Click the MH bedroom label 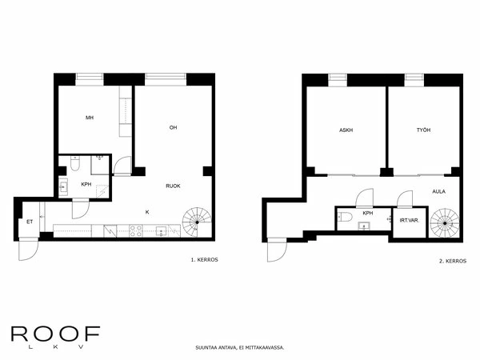(x=90, y=118)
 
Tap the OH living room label (x=173, y=128)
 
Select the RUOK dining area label (x=173, y=186)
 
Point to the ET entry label (x=30, y=222)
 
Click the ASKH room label (x=346, y=130)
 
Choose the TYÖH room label (x=423, y=130)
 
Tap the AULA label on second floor (x=438, y=192)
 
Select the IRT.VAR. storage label (x=408, y=219)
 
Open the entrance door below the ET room (x=28, y=249)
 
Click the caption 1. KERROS (x=204, y=261)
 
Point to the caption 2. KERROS (x=452, y=261)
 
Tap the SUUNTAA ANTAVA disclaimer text (x=239, y=348)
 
